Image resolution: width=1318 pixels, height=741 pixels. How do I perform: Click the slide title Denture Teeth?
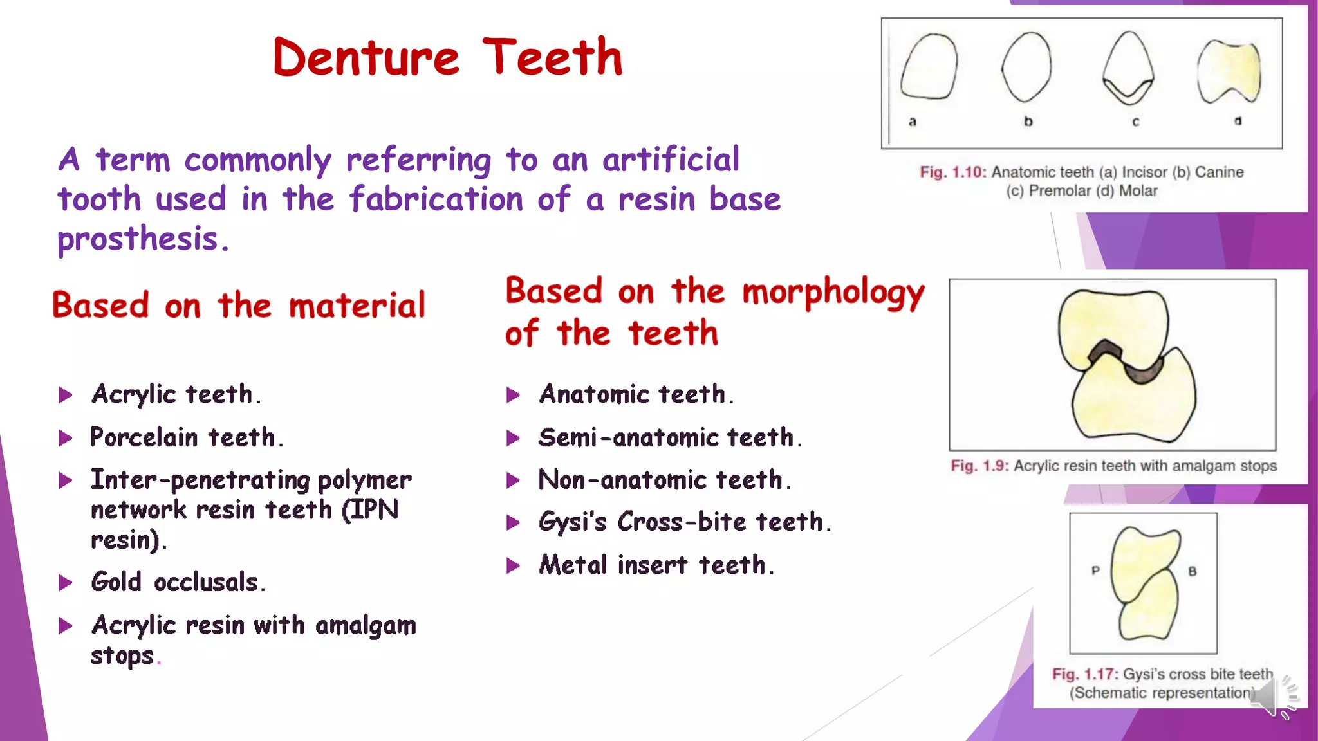[x=448, y=57]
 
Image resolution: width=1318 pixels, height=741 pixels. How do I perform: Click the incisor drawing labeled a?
[x=929, y=67]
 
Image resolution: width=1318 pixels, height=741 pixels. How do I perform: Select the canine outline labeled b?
[x=1026, y=67]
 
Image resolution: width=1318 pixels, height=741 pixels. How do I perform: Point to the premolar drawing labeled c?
[x=1128, y=67]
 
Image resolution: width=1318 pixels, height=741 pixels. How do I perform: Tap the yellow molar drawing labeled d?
[x=1229, y=71]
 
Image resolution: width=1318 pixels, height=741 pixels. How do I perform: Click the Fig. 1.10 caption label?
[x=952, y=172]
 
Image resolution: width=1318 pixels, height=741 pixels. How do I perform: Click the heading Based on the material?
[x=239, y=305]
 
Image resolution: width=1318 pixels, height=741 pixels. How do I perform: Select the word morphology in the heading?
[x=833, y=293]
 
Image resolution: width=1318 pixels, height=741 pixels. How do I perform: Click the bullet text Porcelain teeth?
[x=186, y=437]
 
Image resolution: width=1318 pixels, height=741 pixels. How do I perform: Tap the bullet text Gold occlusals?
[x=178, y=582]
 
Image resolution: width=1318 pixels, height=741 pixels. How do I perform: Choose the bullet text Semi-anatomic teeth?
[x=670, y=438]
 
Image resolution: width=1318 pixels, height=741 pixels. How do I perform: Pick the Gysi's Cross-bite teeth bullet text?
[x=685, y=522]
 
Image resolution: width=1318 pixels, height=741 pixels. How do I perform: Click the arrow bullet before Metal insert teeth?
[x=513, y=566]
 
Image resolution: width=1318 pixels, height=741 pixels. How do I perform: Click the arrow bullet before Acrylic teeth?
[x=65, y=395]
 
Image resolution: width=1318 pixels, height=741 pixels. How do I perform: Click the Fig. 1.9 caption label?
[x=979, y=466]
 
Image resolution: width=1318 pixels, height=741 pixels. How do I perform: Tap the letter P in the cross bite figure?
[x=1095, y=571]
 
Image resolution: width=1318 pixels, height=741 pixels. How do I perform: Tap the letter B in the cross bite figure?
[x=1192, y=571]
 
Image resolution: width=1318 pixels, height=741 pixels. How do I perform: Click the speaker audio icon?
[x=1273, y=697]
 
